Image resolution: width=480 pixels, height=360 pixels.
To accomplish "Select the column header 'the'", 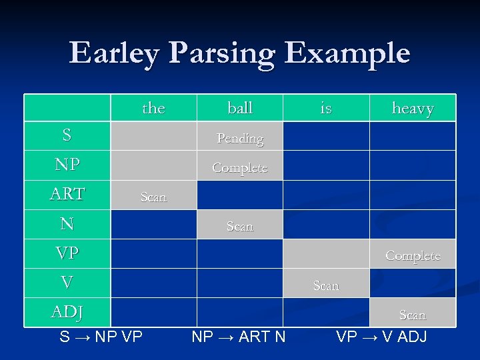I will point(153,108).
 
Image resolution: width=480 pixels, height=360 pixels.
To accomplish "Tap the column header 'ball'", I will point(240,108).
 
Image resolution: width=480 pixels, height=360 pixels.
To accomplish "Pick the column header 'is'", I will point(326,108).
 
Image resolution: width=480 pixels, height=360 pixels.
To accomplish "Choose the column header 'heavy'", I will point(413,109).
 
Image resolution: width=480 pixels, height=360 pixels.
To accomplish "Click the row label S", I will point(67,135).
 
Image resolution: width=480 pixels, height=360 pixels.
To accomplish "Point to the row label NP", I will point(67,165).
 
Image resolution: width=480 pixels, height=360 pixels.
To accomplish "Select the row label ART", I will point(67,194).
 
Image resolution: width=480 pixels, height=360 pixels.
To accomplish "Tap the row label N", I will point(67,224).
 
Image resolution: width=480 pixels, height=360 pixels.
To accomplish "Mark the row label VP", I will point(67,253).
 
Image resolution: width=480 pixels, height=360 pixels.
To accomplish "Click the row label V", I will point(67,283).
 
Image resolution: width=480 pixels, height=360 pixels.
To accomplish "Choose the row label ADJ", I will point(67,312).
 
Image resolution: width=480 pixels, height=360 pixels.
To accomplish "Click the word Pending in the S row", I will point(240,139).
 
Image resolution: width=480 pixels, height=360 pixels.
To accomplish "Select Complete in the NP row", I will point(240,168).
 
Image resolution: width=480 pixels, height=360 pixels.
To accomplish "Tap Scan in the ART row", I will point(153,197).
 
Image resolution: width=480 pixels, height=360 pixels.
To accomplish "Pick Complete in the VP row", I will point(413,256).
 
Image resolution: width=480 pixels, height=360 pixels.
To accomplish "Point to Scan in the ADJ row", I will point(413,315).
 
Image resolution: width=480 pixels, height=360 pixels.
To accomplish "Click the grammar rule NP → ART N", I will point(239,337).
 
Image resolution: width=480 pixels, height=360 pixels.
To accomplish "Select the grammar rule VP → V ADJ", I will point(381,337).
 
